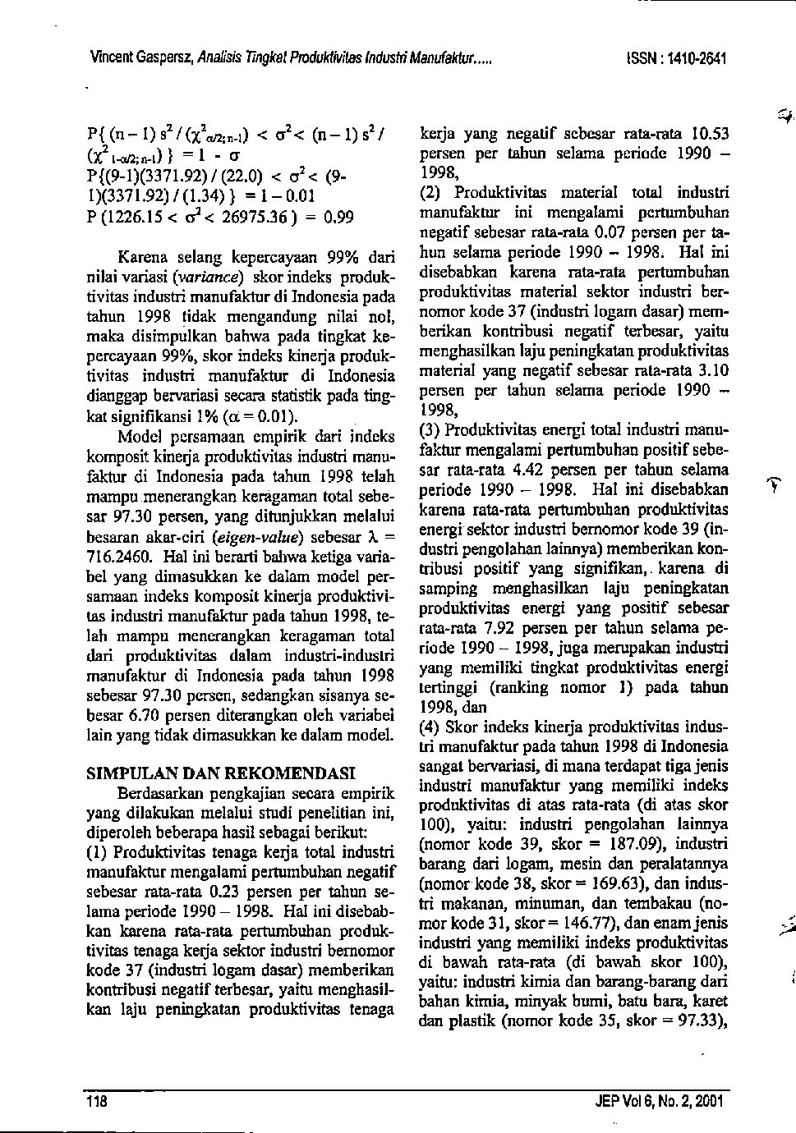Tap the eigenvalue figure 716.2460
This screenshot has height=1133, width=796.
tap(115, 556)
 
